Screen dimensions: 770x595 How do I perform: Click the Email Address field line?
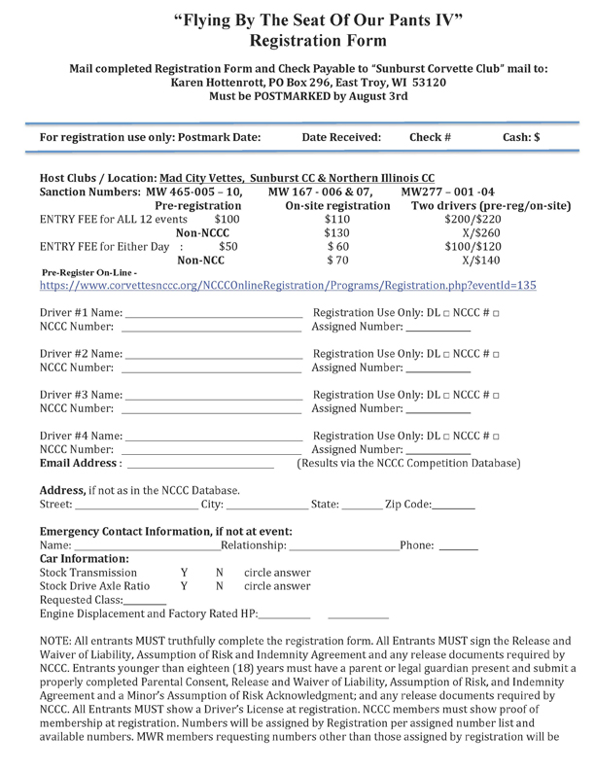[x=204, y=465]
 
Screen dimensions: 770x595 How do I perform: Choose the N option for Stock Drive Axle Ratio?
[x=220, y=587]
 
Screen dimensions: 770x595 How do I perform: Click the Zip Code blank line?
[x=455, y=507]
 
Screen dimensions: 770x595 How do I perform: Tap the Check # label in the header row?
[x=430, y=138]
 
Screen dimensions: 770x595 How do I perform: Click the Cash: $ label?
[x=521, y=138]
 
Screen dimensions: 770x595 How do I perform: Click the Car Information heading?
[x=84, y=560]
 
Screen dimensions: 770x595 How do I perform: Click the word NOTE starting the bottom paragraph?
[x=56, y=643]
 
